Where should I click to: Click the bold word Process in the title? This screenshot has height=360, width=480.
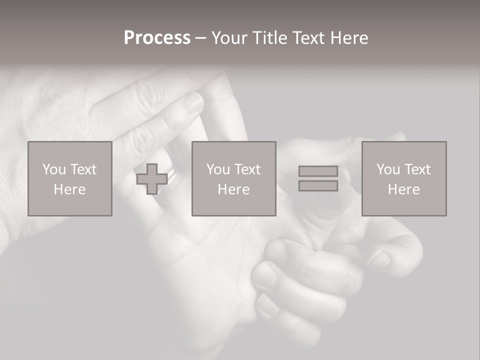pyautogui.click(x=157, y=38)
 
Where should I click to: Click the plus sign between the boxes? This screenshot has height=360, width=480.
pyautogui.click(x=152, y=179)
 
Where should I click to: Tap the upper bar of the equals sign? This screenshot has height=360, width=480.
pyautogui.click(x=318, y=171)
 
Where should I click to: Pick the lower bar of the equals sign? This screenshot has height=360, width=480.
pyautogui.click(x=318, y=186)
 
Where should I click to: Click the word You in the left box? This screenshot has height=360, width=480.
pyautogui.click(x=54, y=169)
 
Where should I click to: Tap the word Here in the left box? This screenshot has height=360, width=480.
pyautogui.click(x=69, y=189)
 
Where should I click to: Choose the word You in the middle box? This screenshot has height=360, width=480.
pyautogui.click(x=218, y=169)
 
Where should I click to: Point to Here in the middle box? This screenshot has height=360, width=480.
pyautogui.click(x=233, y=189)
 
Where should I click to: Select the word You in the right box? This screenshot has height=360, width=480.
pyautogui.click(x=388, y=169)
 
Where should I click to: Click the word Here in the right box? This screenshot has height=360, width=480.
pyautogui.click(x=403, y=189)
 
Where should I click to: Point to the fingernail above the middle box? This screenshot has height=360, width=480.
pyautogui.click(x=192, y=102)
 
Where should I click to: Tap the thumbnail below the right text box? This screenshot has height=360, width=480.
pyautogui.click(x=379, y=258)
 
